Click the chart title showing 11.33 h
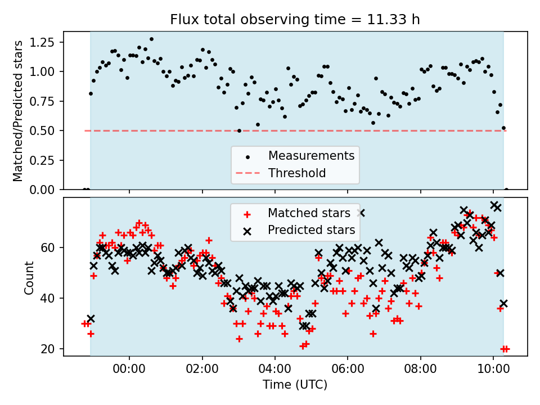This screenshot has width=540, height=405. [295, 19]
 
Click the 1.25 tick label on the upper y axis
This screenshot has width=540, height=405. [42, 42]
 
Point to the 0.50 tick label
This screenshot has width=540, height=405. [42, 131]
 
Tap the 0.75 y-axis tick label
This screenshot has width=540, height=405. [42, 101]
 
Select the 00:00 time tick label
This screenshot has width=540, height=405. [129, 369]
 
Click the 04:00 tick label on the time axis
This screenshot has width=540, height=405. [275, 369]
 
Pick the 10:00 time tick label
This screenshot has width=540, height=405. [493, 369]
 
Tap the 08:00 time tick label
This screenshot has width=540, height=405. [421, 369]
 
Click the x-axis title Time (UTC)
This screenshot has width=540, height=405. [295, 384]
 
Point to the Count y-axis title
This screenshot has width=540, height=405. [29, 277]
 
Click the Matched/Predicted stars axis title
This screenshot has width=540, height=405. [17, 111]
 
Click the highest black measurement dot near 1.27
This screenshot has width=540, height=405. [151, 39]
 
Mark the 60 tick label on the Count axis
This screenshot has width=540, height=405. [47, 248]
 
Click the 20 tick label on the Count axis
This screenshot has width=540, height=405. [47, 349]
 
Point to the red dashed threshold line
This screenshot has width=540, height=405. [295, 131]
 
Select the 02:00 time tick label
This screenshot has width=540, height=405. [202, 369]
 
